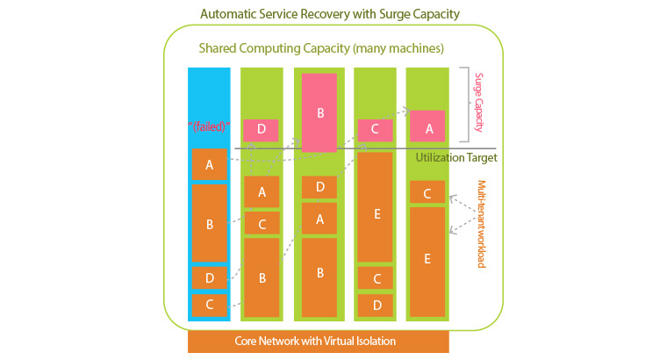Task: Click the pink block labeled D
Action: [261, 130]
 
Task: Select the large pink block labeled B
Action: [319, 112]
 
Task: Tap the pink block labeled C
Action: [374, 130]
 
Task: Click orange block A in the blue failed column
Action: [209, 164]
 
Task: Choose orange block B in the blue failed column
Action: [209, 223]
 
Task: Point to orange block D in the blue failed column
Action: [209, 278]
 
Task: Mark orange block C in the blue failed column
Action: [209, 305]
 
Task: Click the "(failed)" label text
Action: [209, 126]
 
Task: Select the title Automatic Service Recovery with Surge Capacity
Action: [330, 14]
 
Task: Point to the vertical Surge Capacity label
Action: [480, 103]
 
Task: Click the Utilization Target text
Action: [456, 158]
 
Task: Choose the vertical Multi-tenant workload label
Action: [481, 224]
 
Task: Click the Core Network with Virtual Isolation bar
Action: [318, 341]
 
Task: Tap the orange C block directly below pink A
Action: [427, 193]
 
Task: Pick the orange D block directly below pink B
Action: [319, 187]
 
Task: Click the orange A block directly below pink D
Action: [261, 191]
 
